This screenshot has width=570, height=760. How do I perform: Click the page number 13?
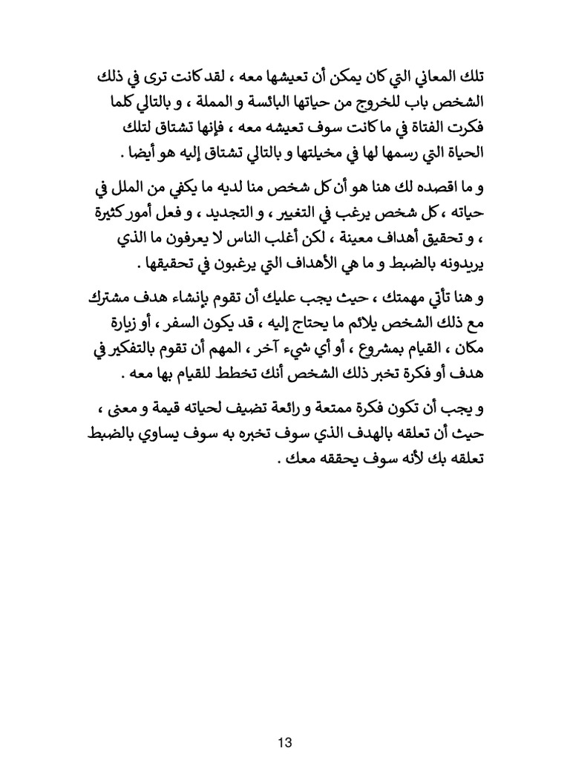coord(285,720)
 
